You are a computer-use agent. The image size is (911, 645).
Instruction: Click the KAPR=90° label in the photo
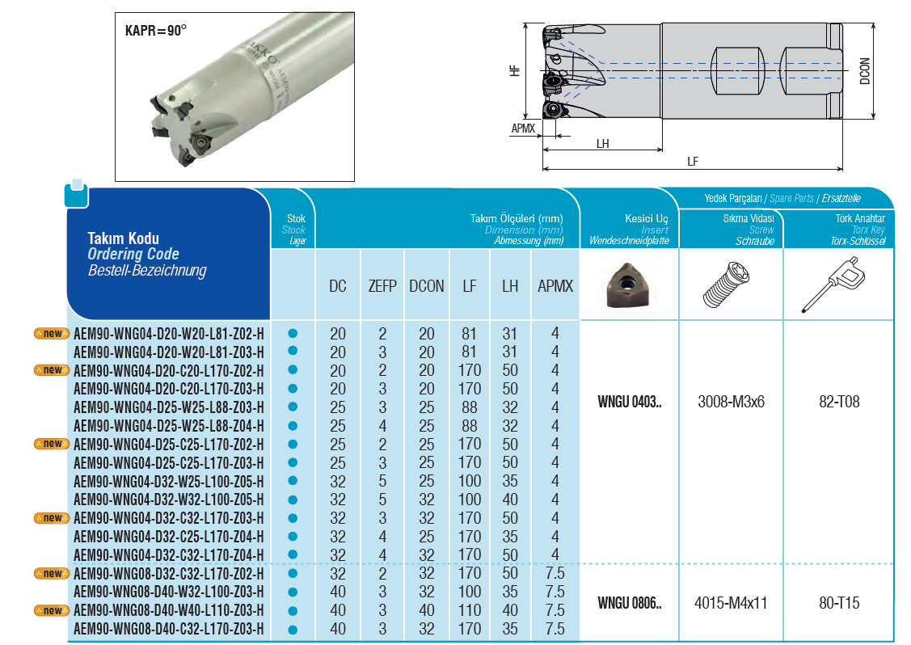[156, 31]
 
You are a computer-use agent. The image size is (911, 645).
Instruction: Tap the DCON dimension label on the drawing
[865, 70]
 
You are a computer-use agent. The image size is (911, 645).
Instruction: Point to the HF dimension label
[515, 70]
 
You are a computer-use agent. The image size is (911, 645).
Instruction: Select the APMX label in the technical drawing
[523, 129]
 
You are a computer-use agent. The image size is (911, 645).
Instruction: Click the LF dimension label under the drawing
[693, 162]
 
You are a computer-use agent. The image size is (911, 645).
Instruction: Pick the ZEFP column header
[382, 286]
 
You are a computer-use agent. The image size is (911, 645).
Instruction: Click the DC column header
[338, 286]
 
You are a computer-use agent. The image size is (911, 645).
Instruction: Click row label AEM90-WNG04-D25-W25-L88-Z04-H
[168, 425]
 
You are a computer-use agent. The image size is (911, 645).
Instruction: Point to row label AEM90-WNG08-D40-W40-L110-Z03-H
[168, 609]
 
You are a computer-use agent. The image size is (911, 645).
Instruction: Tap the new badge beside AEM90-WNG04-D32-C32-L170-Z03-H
[51, 517]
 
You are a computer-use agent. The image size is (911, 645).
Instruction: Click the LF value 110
[469, 610]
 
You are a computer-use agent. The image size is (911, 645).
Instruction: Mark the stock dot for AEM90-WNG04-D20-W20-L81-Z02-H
[293, 332]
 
